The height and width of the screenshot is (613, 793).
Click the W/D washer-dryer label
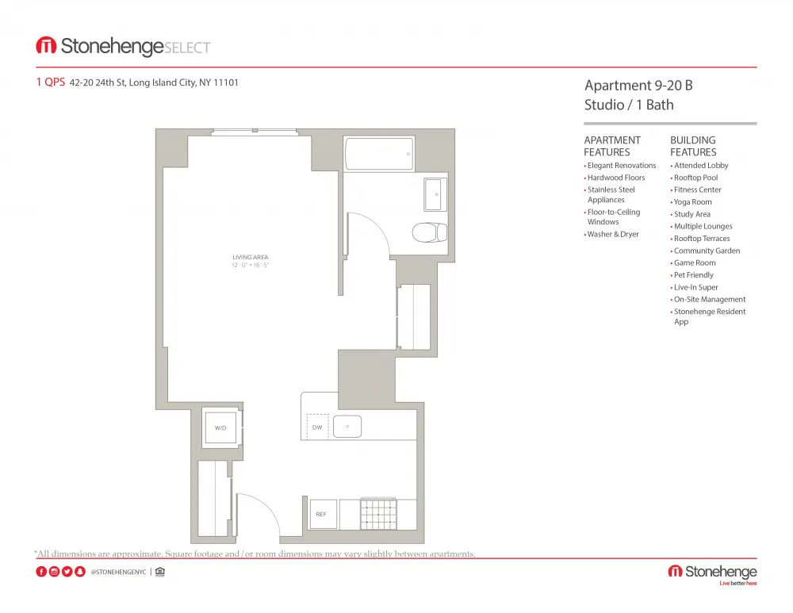pyautogui.click(x=220, y=428)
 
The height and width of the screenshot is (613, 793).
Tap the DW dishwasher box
pyautogui.click(x=317, y=427)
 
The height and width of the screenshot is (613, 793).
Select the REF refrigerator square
pyautogui.click(x=321, y=514)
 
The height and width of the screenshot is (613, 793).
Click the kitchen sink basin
pyautogui.click(x=347, y=427)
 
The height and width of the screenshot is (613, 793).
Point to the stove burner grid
pyautogui.click(x=378, y=514)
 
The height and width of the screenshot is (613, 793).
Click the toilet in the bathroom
pyautogui.click(x=429, y=232)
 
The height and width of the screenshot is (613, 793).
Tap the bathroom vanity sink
pyautogui.click(x=435, y=194)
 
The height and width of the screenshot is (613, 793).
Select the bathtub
pyautogui.click(x=379, y=154)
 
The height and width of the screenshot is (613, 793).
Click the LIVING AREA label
pyautogui.click(x=250, y=258)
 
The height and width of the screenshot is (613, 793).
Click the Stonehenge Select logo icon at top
pyautogui.click(x=46, y=46)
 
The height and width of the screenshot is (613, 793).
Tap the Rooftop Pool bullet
pyautogui.click(x=695, y=178)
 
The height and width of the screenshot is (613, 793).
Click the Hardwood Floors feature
pyautogui.click(x=616, y=178)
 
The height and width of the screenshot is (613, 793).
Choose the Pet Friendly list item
pyautogui.click(x=693, y=275)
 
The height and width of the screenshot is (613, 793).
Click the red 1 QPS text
pyautogui.click(x=50, y=82)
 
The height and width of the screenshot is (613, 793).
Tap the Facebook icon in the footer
pyautogui.click(x=41, y=572)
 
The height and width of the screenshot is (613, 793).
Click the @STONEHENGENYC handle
pyautogui.click(x=118, y=572)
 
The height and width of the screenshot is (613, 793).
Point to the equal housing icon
pyautogui.click(x=159, y=572)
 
